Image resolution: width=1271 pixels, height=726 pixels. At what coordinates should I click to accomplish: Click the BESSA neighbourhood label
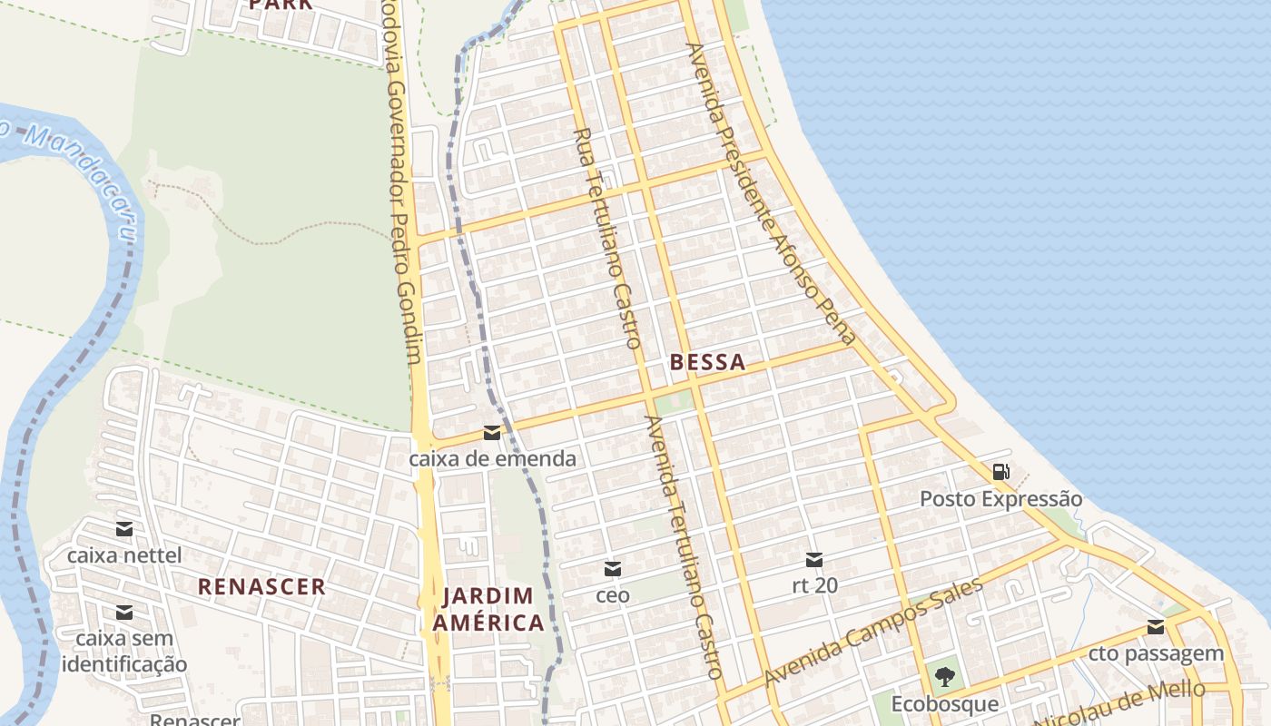coord(707,362)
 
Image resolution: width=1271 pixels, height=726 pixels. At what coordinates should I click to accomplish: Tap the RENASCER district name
coord(261,586)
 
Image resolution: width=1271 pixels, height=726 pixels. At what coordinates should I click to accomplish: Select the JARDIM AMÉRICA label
coord(488,609)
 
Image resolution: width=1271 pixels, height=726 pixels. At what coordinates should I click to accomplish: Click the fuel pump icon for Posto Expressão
coord(1000,471)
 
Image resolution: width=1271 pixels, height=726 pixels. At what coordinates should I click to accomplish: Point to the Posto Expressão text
coord(1000,499)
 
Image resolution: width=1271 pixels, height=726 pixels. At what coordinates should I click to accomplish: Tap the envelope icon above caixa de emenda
coord(492,433)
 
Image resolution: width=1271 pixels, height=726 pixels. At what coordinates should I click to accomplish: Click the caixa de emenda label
coord(492,458)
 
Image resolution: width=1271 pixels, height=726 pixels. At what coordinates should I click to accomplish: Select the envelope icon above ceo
coord(613,569)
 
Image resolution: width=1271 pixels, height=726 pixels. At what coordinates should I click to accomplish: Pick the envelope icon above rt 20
coord(814,560)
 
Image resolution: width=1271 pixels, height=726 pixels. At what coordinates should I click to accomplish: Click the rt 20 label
coord(814,585)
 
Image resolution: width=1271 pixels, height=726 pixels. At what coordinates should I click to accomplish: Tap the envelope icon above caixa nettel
coord(124,529)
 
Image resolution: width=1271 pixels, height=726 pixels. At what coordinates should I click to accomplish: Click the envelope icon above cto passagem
coord(1156,626)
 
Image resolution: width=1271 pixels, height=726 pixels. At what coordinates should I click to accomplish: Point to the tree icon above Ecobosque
coord(944,676)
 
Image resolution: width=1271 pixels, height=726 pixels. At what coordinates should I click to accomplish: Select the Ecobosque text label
coord(944,704)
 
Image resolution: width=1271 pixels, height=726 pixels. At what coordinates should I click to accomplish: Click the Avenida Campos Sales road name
coord(873,632)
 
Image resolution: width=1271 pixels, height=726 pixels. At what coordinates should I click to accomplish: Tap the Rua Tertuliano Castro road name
coord(608,238)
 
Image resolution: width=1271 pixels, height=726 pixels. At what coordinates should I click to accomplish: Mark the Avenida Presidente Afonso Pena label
coord(772,192)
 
